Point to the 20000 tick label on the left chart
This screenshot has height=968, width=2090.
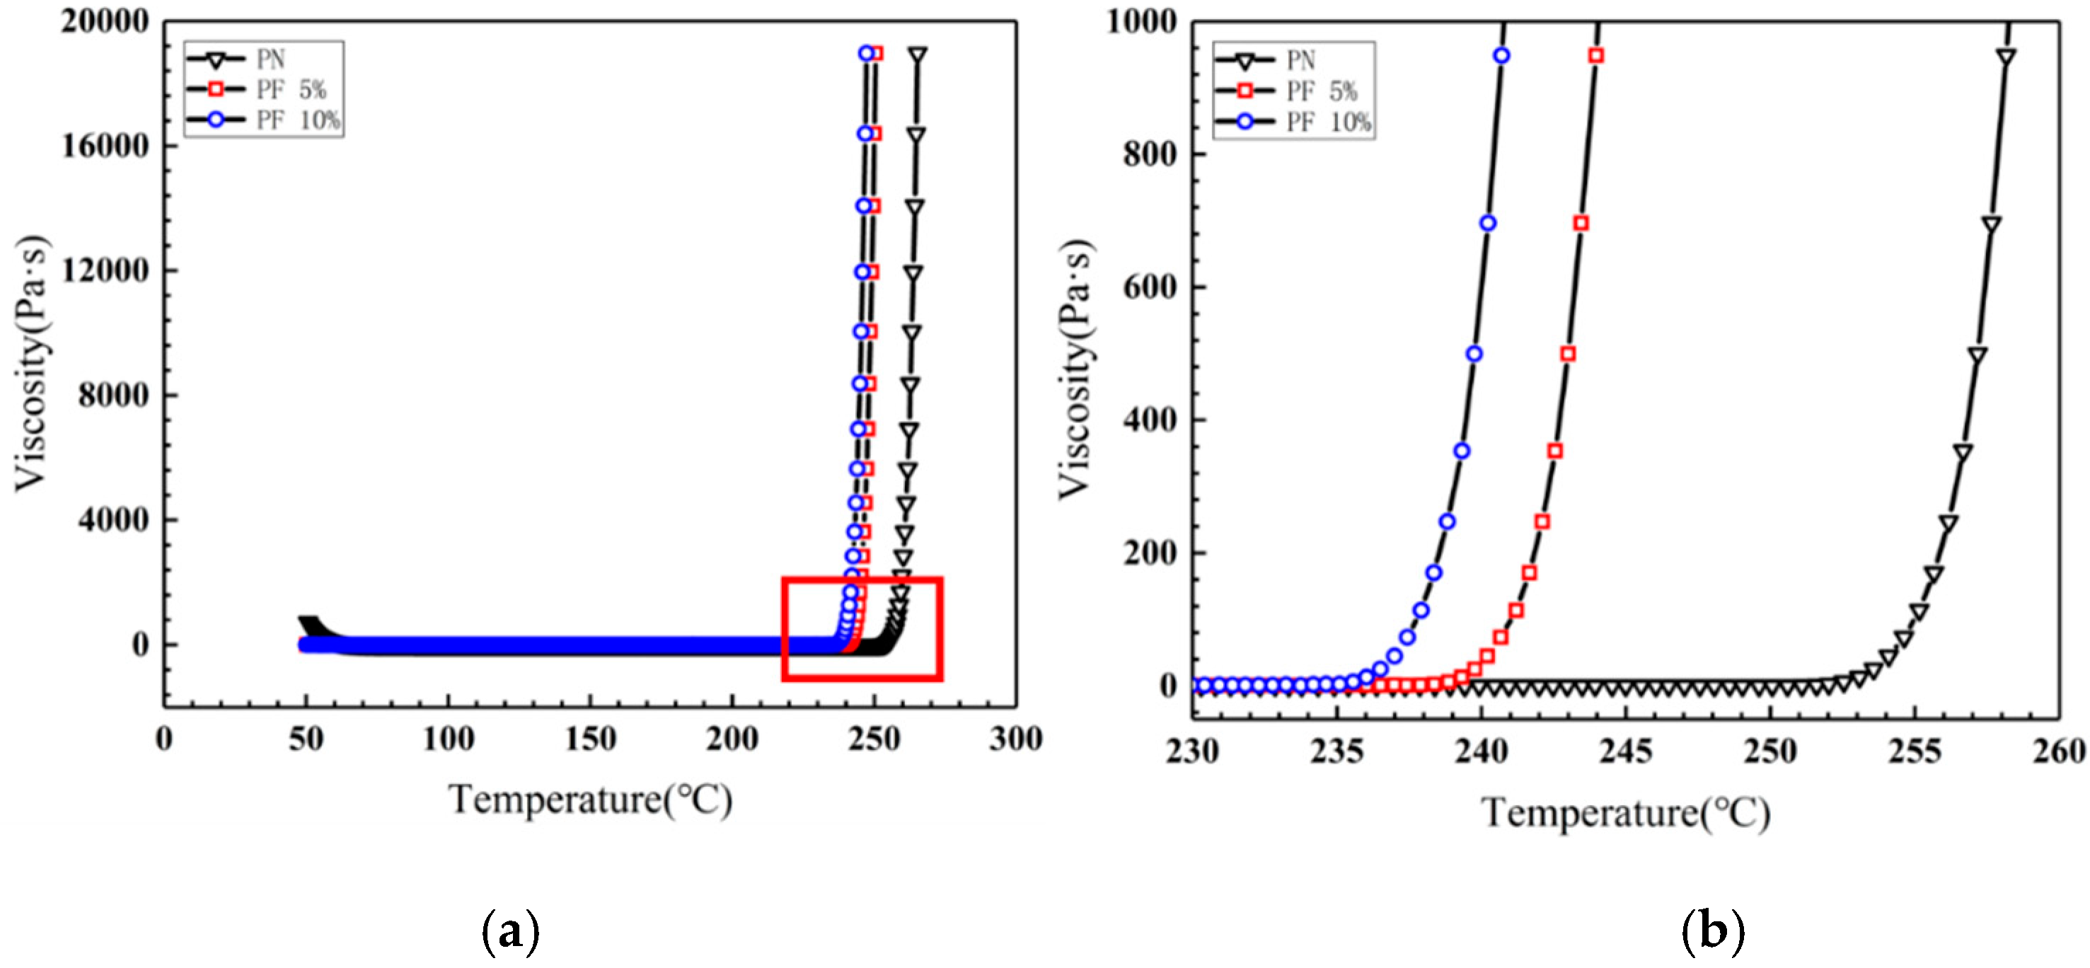(x=105, y=21)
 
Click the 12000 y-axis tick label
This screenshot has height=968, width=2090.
(x=105, y=270)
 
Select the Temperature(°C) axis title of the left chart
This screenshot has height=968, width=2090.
(x=591, y=799)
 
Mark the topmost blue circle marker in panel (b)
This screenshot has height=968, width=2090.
(x=1502, y=55)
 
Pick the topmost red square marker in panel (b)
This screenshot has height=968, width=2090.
(x=1596, y=55)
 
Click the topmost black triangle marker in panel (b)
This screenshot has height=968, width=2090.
(x=2007, y=56)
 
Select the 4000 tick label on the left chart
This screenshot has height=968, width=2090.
(x=114, y=519)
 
